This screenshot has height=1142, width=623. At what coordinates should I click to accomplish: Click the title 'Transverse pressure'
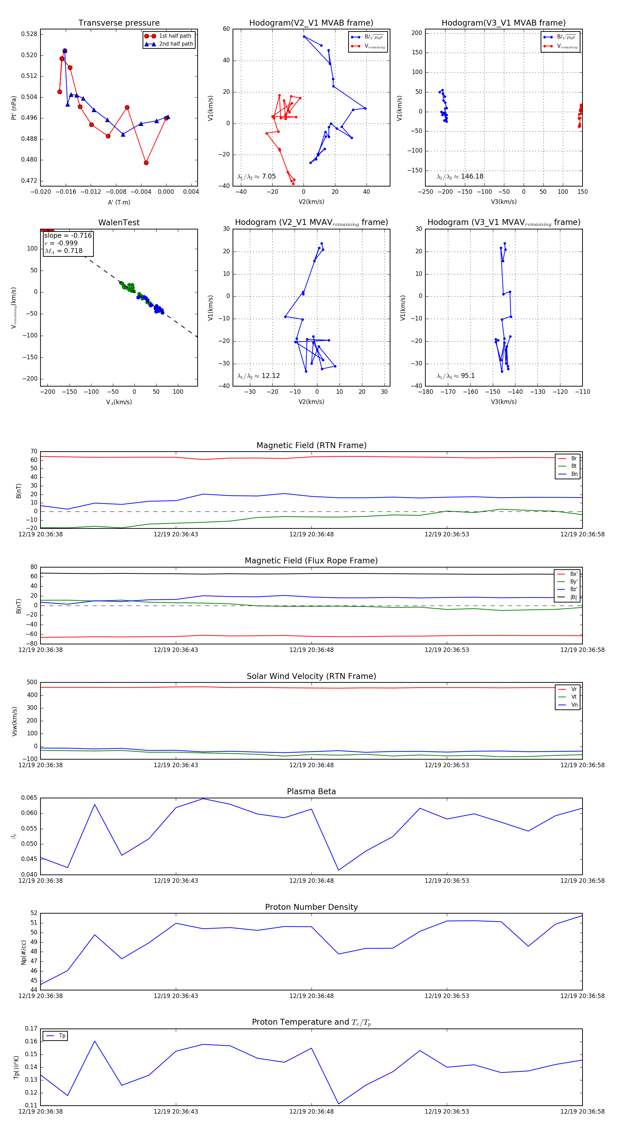point(119,23)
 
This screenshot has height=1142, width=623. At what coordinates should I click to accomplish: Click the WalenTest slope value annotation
point(68,235)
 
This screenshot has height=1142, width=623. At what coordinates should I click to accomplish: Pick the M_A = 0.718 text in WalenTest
point(63,251)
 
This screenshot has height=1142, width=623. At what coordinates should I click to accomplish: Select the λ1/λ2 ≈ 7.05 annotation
point(256,176)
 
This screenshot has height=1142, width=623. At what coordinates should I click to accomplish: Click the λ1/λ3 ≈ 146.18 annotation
point(460,176)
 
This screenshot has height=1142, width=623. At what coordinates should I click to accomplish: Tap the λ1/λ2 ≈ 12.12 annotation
point(259,376)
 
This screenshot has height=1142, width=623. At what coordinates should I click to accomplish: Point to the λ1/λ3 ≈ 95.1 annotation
point(455,376)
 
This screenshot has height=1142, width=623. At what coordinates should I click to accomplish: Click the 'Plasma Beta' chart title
point(311,791)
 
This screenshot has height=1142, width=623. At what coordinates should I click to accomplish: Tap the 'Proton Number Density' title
point(311,907)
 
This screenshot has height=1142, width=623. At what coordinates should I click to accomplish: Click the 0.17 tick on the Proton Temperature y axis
point(31,1028)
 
